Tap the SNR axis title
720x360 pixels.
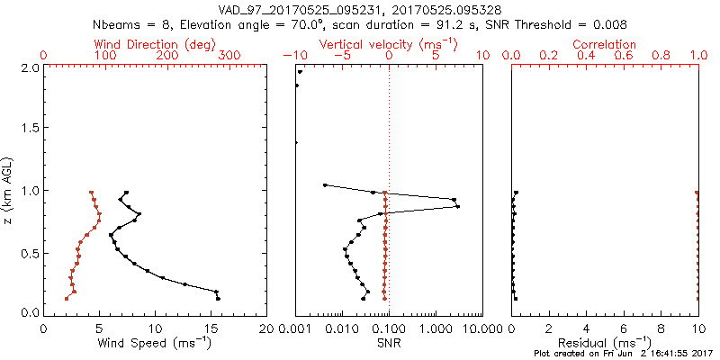(390, 343)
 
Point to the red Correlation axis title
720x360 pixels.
(605, 44)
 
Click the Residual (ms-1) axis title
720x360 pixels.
(605, 343)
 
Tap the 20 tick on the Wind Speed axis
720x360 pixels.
(267, 328)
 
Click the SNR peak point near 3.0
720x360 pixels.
(458, 206)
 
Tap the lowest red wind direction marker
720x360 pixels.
(67, 298)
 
